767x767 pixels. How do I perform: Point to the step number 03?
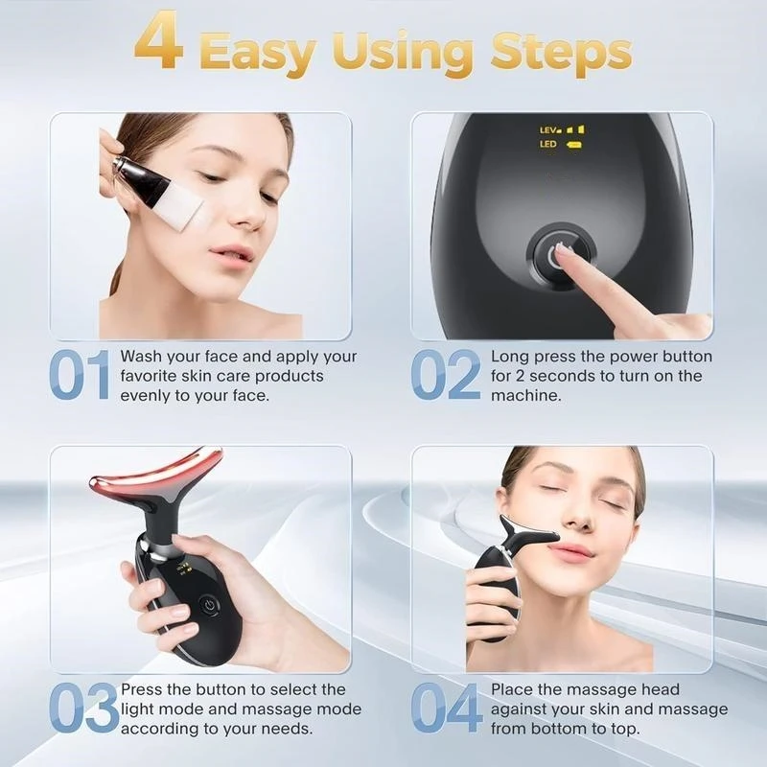pos(81,709)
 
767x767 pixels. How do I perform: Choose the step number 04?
pos(447,709)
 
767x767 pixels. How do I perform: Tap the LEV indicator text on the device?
pos(549,128)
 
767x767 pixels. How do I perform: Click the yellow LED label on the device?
pos(548,145)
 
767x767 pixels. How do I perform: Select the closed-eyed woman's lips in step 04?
pos(573,550)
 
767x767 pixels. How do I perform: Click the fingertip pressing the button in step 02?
pos(566,250)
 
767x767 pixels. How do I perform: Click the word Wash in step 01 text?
pos(140,357)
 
